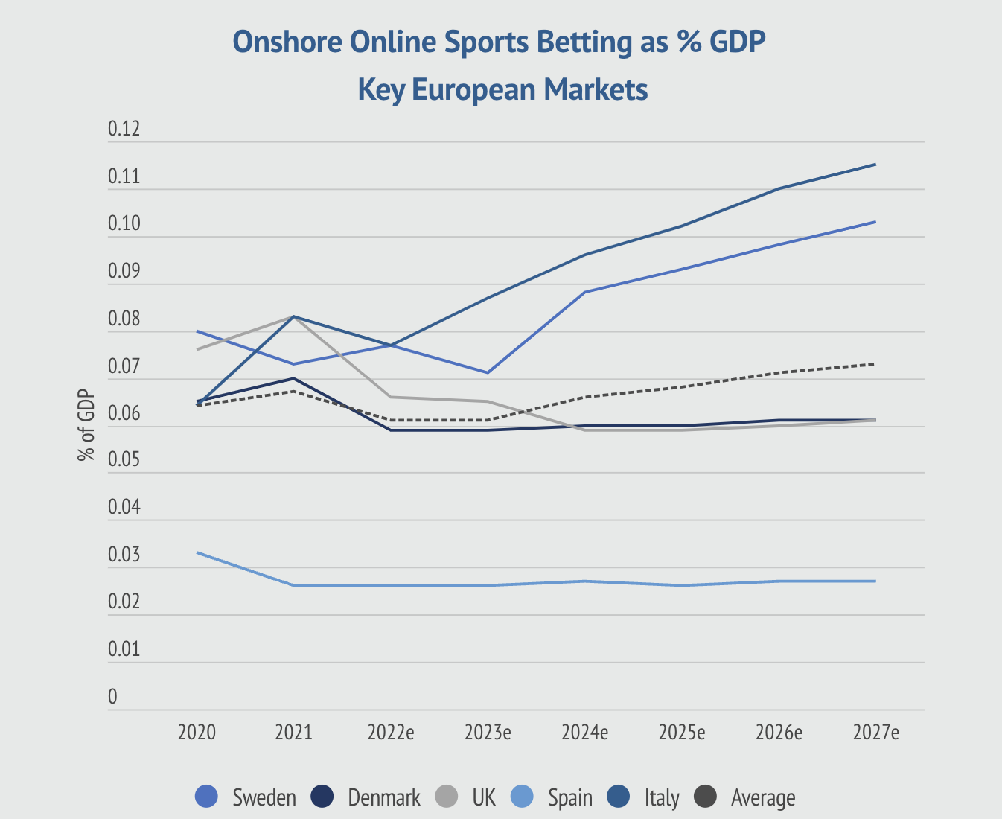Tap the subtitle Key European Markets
502,90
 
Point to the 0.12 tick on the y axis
124,130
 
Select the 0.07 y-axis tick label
124,367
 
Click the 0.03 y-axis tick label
124,555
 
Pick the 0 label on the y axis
113,698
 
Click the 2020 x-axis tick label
197,733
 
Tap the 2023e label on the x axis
488,733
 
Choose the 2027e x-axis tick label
875,733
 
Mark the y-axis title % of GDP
86,425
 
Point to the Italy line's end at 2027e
875,165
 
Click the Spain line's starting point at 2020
197,552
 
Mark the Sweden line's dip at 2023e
488,372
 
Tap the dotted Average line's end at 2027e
875,364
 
